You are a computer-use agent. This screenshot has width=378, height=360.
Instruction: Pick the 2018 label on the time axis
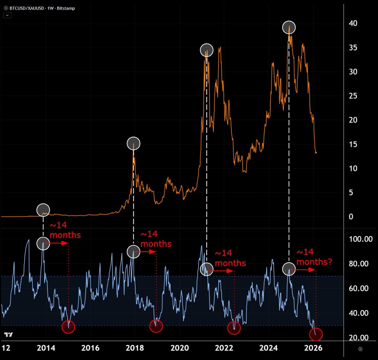pos(135,348)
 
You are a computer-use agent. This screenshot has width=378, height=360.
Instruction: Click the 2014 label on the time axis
pos(46,348)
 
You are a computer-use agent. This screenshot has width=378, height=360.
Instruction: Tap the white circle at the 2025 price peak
pos(289,27)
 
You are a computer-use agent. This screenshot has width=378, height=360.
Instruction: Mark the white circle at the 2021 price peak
pos(206,50)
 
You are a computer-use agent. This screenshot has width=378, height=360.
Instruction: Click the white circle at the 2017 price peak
pos(134,143)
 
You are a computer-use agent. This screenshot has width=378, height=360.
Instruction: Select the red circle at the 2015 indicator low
pos(68,327)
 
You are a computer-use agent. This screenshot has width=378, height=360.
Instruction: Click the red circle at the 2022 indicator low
pos(234,328)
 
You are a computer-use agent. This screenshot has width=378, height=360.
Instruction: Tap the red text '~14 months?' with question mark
pos(314,257)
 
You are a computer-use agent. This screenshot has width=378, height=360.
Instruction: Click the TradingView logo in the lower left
pos(9,334)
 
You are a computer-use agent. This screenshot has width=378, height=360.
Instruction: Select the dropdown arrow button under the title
pos(7,15)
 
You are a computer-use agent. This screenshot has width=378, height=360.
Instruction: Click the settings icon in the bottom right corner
pos(360,349)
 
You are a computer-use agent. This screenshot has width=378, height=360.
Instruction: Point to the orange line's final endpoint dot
pos(316,153)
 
